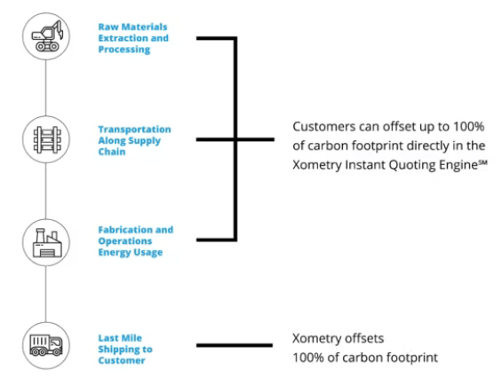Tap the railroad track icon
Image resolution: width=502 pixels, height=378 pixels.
pyautogui.click(x=43, y=139)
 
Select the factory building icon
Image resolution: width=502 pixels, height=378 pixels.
pyautogui.click(x=43, y=240)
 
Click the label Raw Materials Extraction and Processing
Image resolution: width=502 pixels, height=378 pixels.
pyautogui.click(x=132, y=38)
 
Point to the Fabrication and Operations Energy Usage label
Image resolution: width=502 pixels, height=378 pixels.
pyautogui.click(x=135, y=240)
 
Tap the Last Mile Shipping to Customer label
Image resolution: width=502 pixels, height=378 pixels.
pyautogui.click(x=125, y=349)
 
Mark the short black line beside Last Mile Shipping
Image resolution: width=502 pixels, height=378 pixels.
pyautogui.click(x=234, y=345)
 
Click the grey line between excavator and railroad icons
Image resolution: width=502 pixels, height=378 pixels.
pyautogui.click(x=43, y=89)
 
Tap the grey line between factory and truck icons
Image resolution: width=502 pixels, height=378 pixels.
pyautogui.click(x=43, y=293)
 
